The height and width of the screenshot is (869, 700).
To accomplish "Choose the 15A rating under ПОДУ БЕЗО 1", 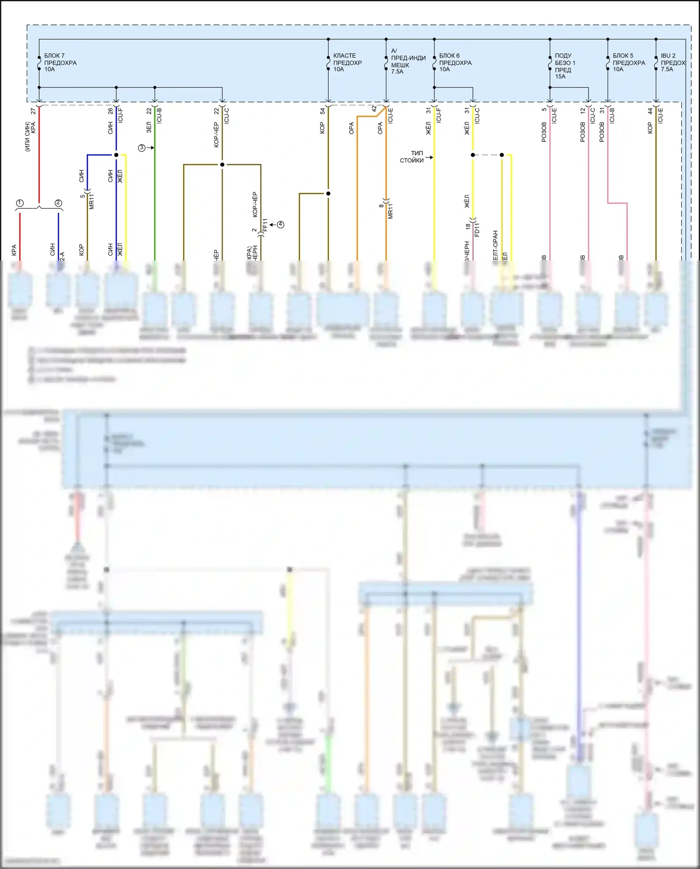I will [x=560, y=77].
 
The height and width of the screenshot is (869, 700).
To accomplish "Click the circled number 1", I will [x=20, y=203].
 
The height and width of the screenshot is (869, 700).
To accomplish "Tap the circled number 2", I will [x=58, y=203].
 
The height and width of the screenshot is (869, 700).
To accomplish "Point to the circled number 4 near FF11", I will [x=280, y=225].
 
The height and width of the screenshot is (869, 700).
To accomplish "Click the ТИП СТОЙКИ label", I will [x=412, y=157].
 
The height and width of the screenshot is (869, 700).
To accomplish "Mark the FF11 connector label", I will [x=265, y=225].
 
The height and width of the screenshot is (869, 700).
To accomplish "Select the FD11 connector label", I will [x=477, y=230].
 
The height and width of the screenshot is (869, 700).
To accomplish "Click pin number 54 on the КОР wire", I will [x=322, y=111].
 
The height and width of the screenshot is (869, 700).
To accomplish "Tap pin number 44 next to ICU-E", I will [x=650, y=111].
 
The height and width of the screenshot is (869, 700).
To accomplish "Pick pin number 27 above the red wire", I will [x=33, y=111].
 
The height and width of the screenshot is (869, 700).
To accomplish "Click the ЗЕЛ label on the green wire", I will [x=149, y=127].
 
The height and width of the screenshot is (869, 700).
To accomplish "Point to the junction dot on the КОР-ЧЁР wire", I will [x=222, y=164].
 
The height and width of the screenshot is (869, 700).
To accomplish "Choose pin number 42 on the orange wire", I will [x=374, y=109].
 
